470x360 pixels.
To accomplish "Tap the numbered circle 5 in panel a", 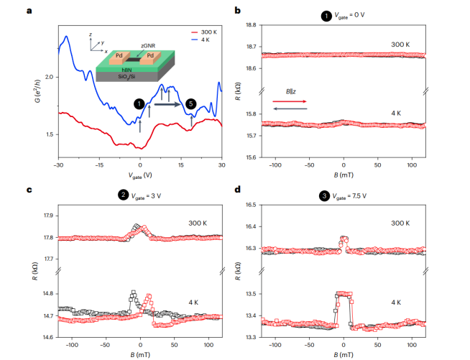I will tap(190, 104).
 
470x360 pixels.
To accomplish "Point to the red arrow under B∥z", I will tap(290, 101).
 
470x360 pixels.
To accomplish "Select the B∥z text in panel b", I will tap(290, 92).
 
